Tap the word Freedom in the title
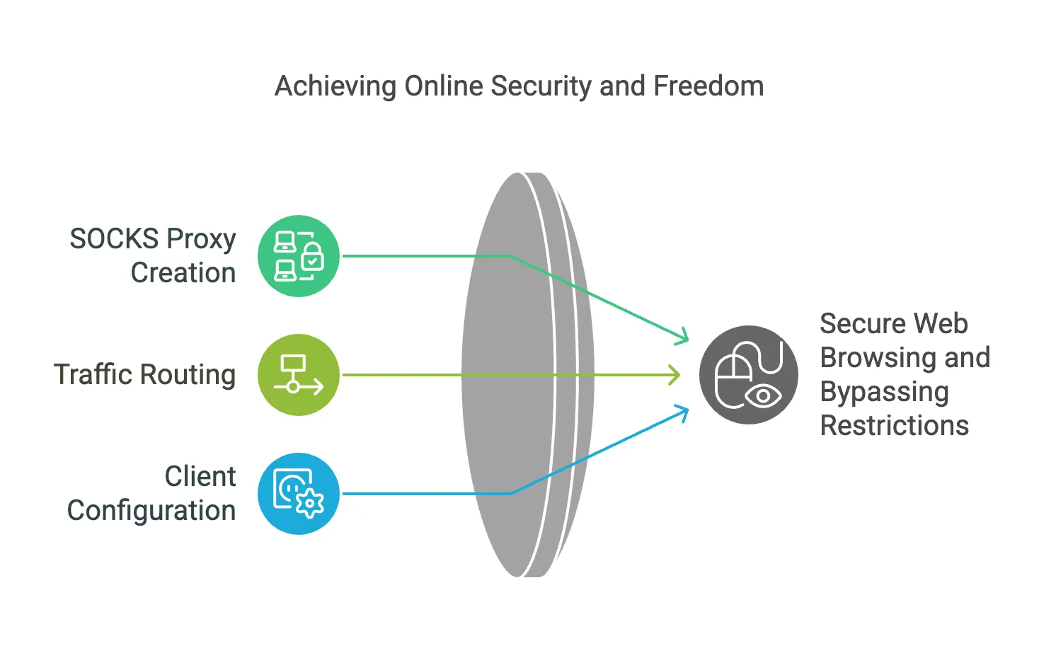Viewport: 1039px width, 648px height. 708,86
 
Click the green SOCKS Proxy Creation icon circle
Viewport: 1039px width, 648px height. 299,256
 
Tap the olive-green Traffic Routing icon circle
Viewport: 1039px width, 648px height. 299,375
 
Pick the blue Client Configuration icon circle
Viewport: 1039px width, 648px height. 299,494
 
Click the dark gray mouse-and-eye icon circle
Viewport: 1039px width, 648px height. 749,375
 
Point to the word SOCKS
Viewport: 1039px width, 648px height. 114,239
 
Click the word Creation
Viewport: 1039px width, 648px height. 183,273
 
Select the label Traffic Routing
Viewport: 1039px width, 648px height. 144,375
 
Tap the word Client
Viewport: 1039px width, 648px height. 200,477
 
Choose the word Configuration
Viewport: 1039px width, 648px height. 151,511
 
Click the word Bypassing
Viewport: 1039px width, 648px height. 884,393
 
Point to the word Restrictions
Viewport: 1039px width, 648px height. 894,426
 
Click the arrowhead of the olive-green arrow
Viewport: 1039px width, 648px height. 675,375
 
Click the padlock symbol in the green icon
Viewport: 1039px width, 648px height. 312,258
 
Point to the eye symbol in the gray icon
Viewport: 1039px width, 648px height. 763,396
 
